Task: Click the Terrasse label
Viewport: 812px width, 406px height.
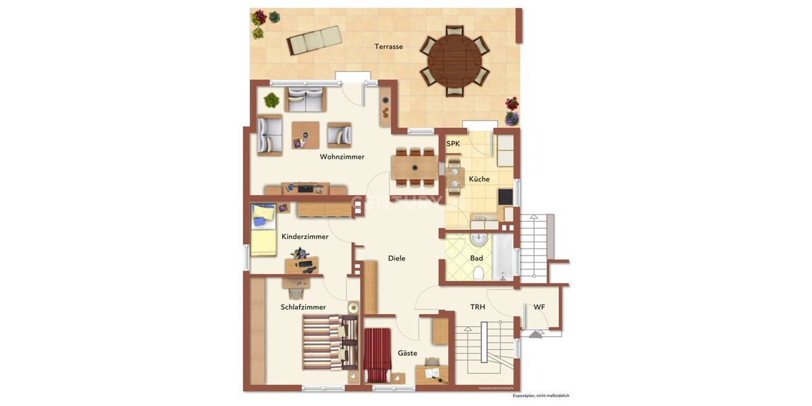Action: [x=389, y=47]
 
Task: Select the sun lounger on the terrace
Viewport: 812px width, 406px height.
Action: [x=313, y=40]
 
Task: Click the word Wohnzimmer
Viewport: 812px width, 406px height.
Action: [x=342, y=157]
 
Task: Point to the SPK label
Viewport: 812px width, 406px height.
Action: [x=453, y=144]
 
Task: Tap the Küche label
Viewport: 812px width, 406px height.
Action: [x=479, y=179]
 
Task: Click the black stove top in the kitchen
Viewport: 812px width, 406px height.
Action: [x=505, y=196]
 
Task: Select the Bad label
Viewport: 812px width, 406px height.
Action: [x=476, y=258]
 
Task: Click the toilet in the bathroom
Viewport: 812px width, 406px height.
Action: [x=478, y=273]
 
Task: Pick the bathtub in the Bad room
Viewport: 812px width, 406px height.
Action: [x=503, y=258]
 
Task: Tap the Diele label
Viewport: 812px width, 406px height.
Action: [x=397, y=258]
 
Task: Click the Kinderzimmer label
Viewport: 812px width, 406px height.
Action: [x=305, y=237]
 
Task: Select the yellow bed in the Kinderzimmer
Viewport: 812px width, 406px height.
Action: [x=263, y=231]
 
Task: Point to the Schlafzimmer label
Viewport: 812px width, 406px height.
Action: [x=303, y=307]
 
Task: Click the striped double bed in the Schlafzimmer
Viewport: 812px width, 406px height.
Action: [x=328, y=344]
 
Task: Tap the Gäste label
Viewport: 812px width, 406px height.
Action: [x=407, y=353]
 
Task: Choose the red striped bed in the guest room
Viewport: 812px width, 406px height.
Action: [x=378, y=354]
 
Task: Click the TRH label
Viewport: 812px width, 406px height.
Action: [x=478, y=307]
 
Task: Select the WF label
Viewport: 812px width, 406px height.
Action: [x=539, y=307]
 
